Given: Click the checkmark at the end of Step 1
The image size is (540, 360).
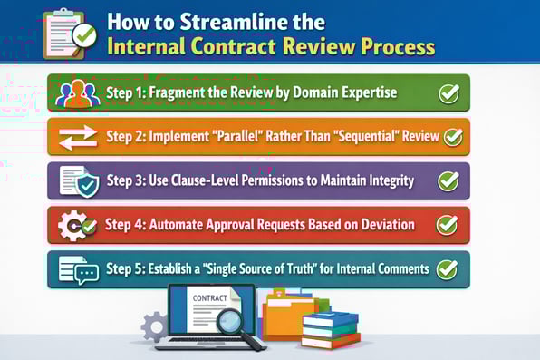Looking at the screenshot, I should click(x=448, y=93).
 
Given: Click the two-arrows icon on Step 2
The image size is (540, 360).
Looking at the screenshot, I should click(x=77, y=138).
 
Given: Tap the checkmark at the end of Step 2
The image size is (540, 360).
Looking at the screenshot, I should click(x=452, y=138).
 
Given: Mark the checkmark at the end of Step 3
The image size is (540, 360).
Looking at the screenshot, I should click(x=448, y=181).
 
